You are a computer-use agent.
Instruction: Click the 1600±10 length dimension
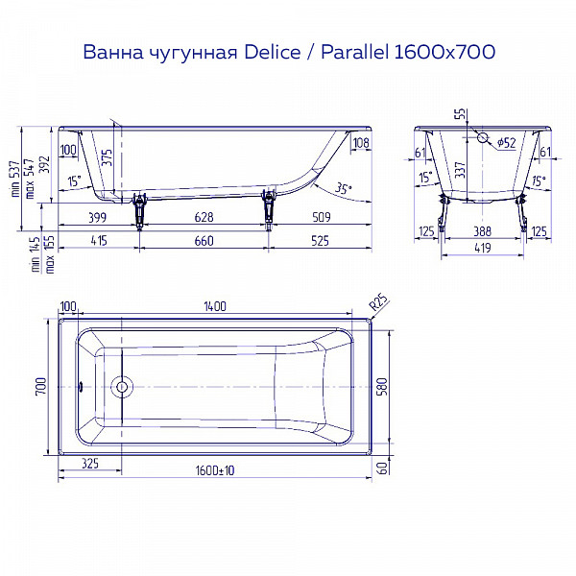click(215, 469)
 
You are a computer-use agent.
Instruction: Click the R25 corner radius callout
click(378, 304)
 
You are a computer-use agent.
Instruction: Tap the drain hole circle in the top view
click(121, 389)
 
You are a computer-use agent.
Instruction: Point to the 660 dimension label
click(204, 240)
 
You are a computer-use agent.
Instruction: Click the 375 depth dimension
click(106, 156)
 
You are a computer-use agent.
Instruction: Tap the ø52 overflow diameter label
click(505, 144)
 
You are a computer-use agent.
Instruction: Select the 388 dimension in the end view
click(483, 231)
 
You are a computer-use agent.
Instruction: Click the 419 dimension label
click(483, 249)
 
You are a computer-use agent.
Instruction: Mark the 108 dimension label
click(360, 144)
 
